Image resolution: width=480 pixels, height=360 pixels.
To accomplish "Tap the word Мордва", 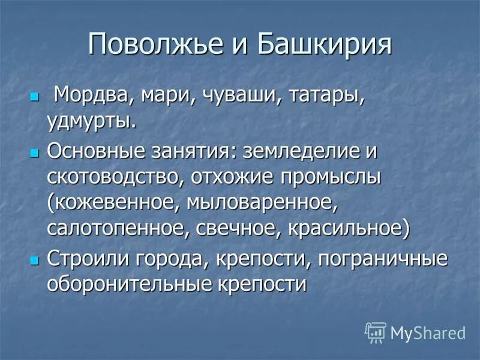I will (x=89, y=95).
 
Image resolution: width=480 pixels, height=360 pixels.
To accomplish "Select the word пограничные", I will (x=382, y=259).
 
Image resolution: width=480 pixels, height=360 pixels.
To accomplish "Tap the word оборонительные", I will (x=127, y=284).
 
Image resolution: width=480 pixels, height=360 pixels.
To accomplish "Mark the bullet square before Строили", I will (x=34, y=259).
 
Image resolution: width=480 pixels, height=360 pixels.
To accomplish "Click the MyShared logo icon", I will (x=375, y=332).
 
